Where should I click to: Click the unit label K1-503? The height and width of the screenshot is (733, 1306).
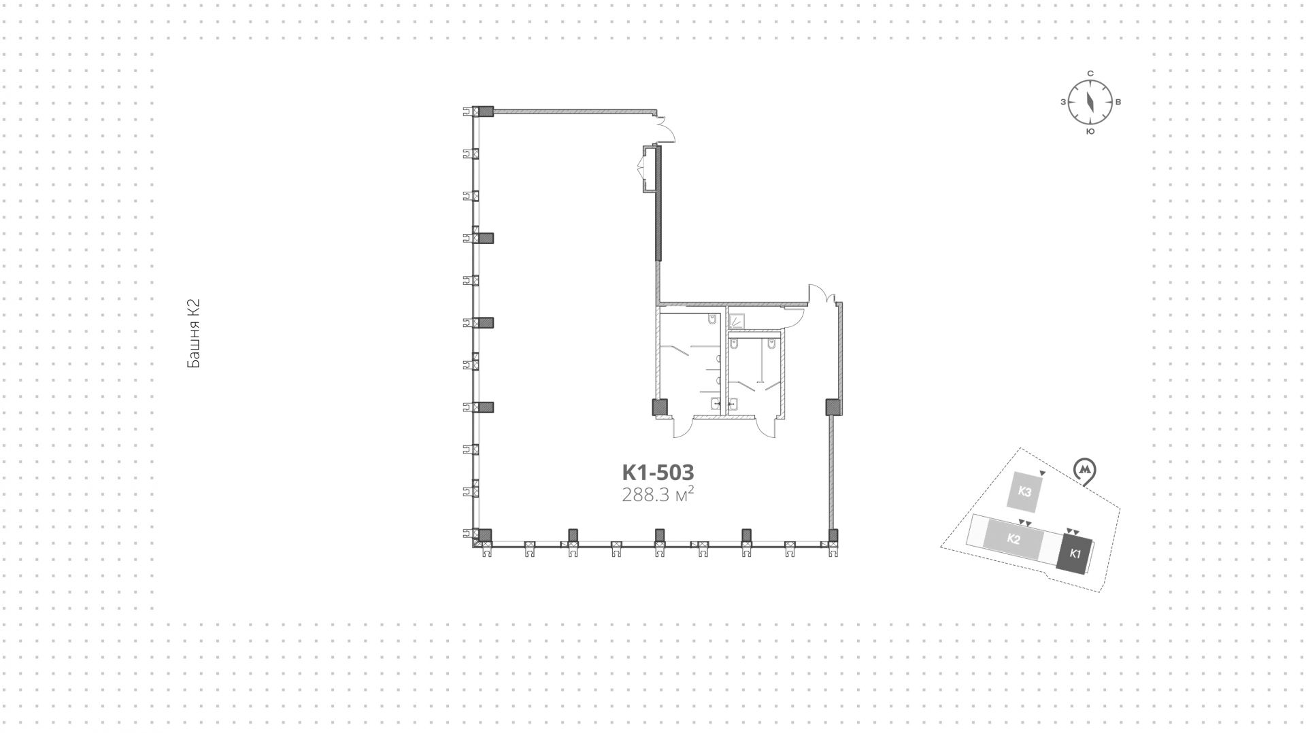[x=658, y=472]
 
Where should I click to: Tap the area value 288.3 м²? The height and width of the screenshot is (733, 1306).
[x=658, y=494]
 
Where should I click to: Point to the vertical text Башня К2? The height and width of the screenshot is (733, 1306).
[x=193, y=334]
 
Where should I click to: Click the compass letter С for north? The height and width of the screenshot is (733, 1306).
[x=1090, y=73]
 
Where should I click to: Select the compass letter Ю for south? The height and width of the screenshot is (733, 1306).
[x=1090, y=131]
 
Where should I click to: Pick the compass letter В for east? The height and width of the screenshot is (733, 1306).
[x=1118, y=103]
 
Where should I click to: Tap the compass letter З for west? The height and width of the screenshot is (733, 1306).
[x=1062, y=103]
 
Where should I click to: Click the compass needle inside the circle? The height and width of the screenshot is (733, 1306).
[x=1090, y=103]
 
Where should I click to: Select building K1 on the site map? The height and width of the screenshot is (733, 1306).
[x=1075, y=553]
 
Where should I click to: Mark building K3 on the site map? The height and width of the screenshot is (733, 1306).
[x=1025, y=492]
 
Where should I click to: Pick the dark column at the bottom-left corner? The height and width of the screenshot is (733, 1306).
[x=484, y=535]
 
